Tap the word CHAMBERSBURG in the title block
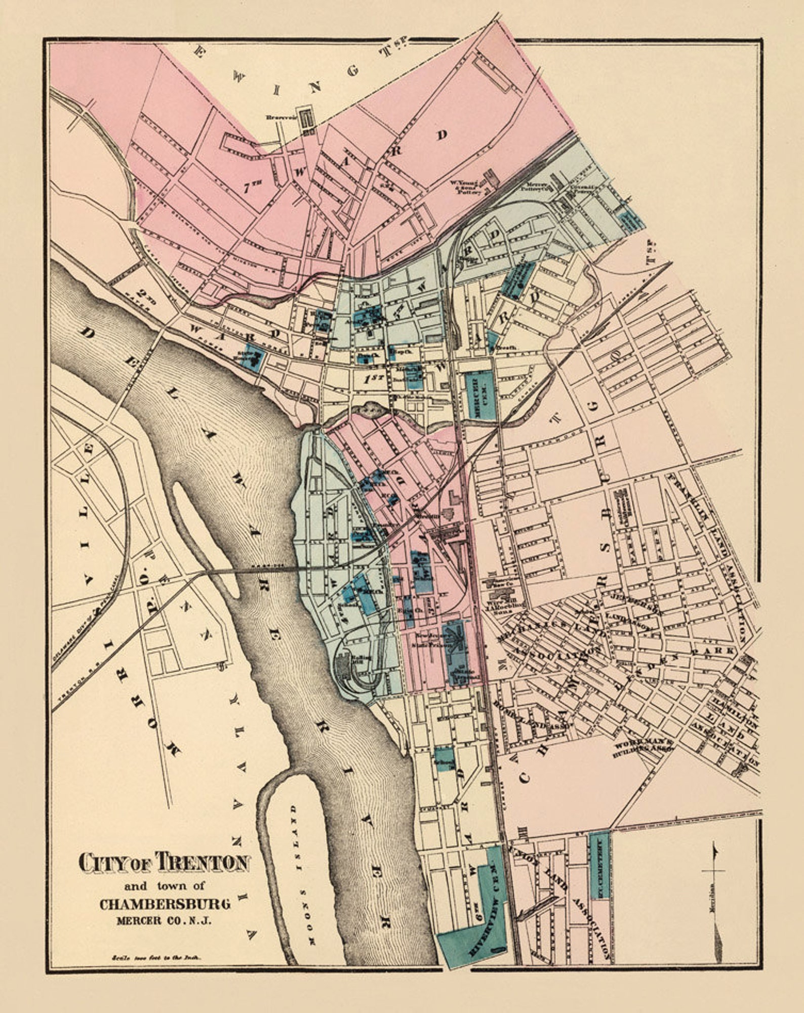tap(165, 904)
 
